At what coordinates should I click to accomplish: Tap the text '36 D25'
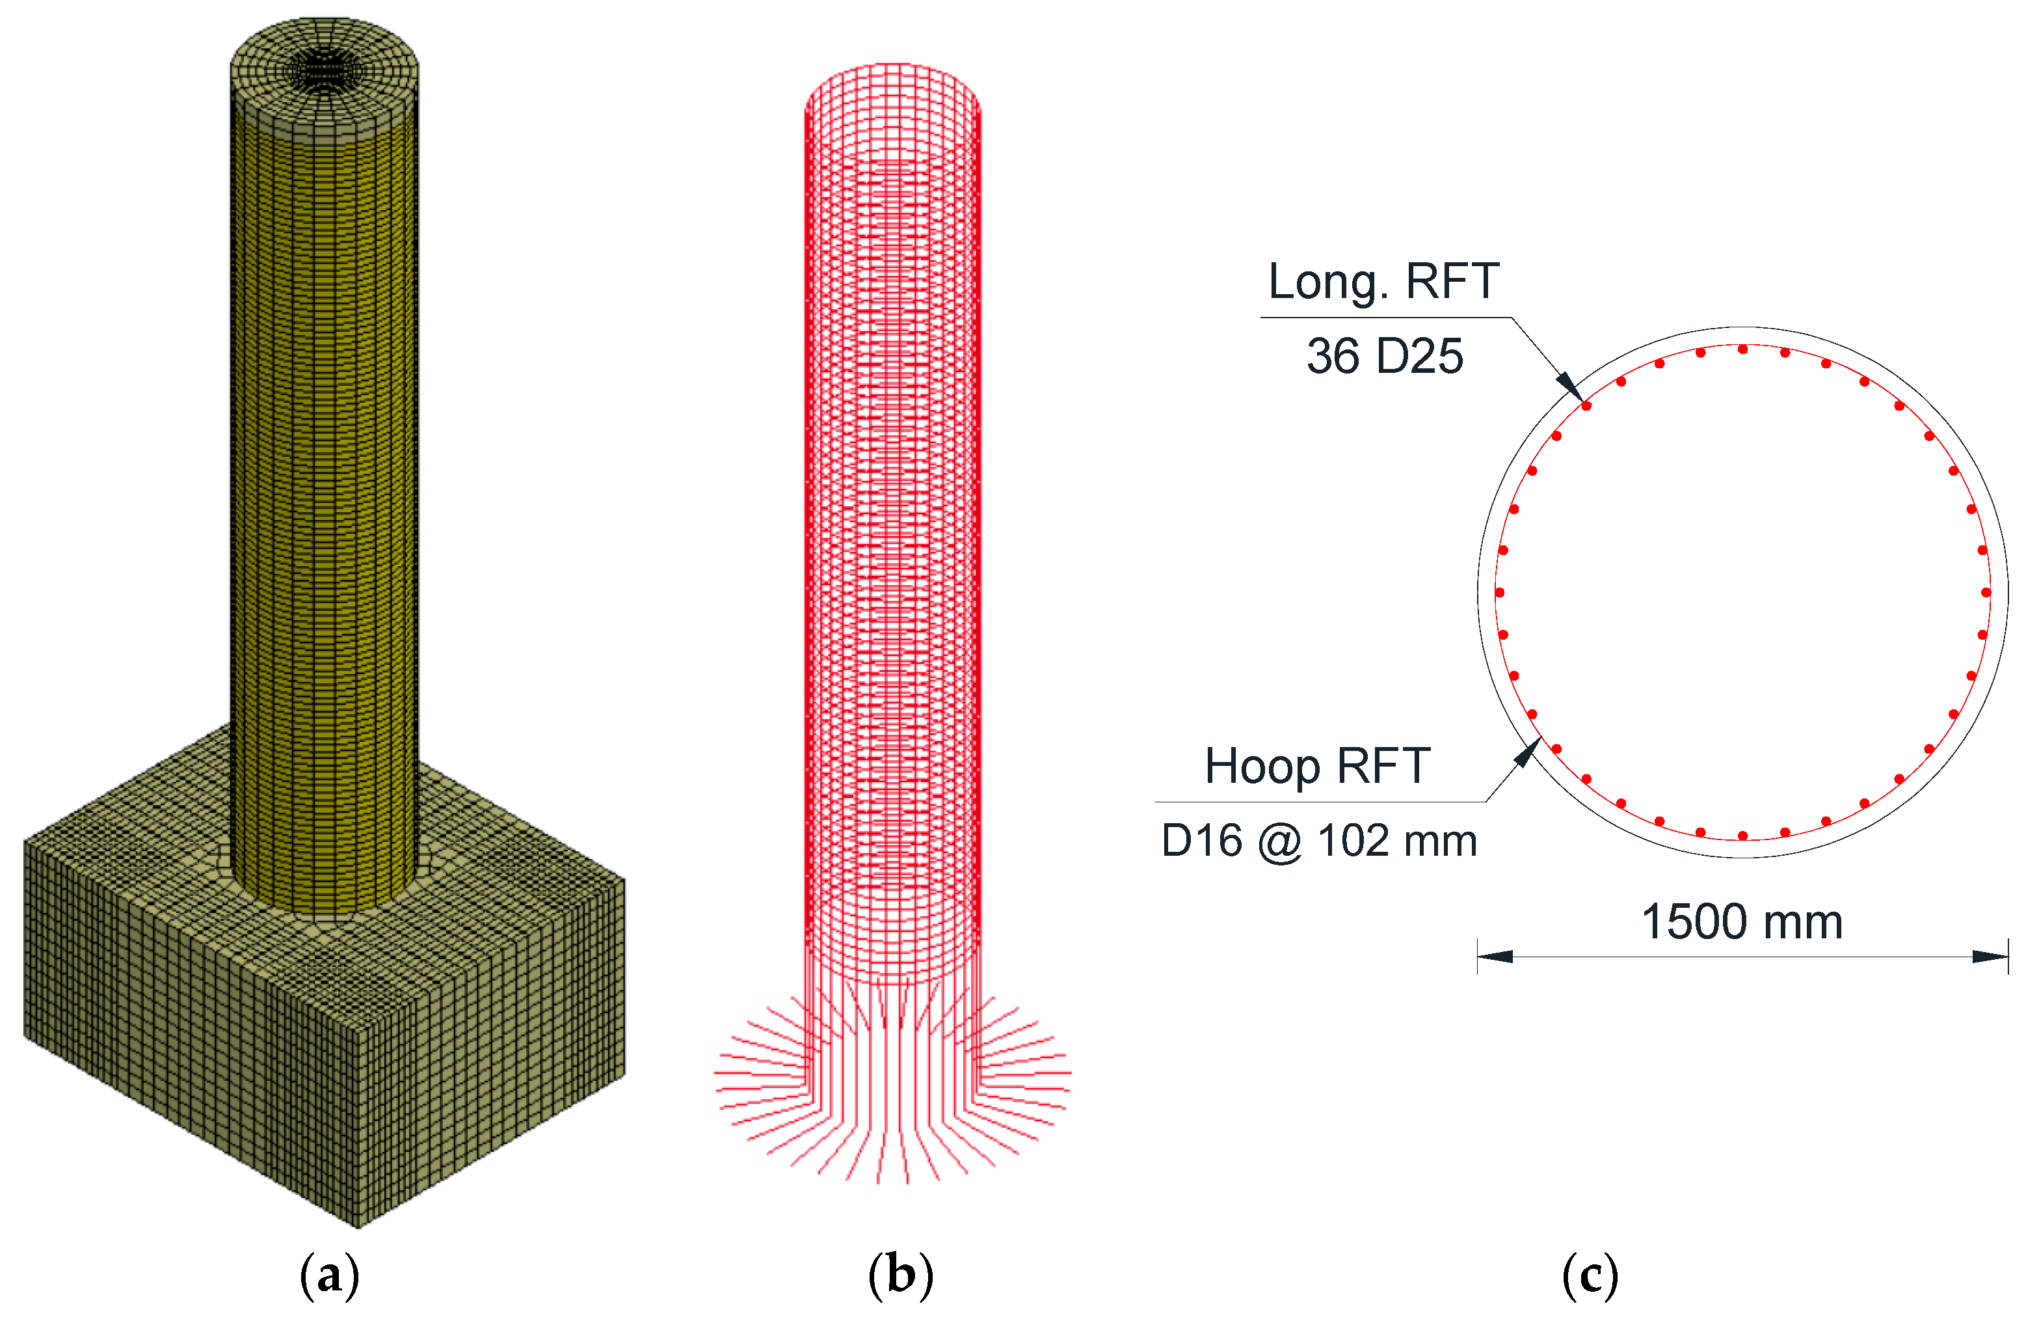tap(1384, 356)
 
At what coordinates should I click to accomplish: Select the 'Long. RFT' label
tap(1383, 281)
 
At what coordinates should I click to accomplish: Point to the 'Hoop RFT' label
tap(1317, 766)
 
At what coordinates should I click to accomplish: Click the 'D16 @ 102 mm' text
tap(1318, 841)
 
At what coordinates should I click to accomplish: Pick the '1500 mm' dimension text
tap(1742, 921)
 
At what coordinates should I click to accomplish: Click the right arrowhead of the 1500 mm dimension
tap(1992, 957)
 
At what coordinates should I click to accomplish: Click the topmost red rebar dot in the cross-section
tap(1742, 349)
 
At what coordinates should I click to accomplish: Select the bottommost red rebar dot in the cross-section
tap(1742, 836)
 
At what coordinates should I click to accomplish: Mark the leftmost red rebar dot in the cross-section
tap(1500, 592)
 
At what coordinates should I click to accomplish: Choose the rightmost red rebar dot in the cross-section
tap(1985, 592)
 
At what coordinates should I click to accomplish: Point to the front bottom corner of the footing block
tap(358, 1227)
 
